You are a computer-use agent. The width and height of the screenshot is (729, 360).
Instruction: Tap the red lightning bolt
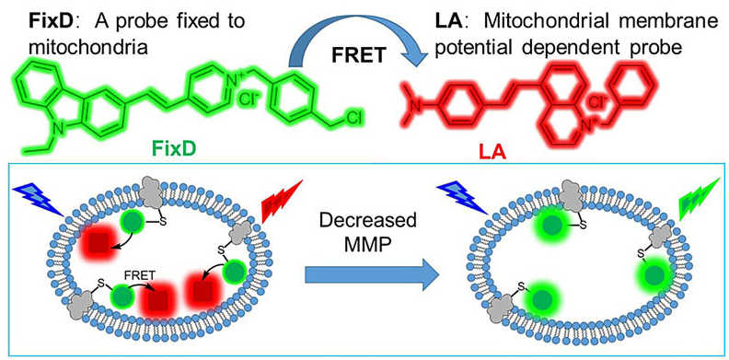pos(283,199)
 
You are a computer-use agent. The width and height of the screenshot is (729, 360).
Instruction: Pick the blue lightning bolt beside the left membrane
pos(39,199)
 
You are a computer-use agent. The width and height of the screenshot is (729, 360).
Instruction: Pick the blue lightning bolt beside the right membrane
pos(463,199)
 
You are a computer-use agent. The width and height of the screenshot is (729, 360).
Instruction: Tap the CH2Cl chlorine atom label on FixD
pos(354,117)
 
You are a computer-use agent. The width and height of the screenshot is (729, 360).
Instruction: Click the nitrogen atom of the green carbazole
pos(52,126)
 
